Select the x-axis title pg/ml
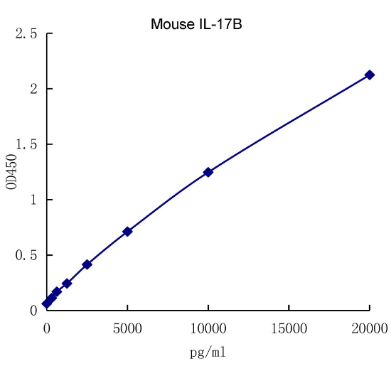[x=208, y=351]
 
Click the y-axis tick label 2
[x=33, y=89]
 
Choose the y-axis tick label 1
[x=33, y=200]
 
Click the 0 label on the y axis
[x=33, y=311]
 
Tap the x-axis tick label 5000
[x=127, y=328]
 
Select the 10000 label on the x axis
[x=208, y=328]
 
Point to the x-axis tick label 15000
[x=289, y=328]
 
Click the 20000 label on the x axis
[x=369, y=328]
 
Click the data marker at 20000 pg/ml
[x=370, y=75]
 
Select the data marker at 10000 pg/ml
[x=208, y=172]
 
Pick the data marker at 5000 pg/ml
[x=127, y=232]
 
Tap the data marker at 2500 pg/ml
[x=87, y=264]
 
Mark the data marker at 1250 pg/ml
[x=67, y=283]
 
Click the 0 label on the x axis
[x=47, y=328]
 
